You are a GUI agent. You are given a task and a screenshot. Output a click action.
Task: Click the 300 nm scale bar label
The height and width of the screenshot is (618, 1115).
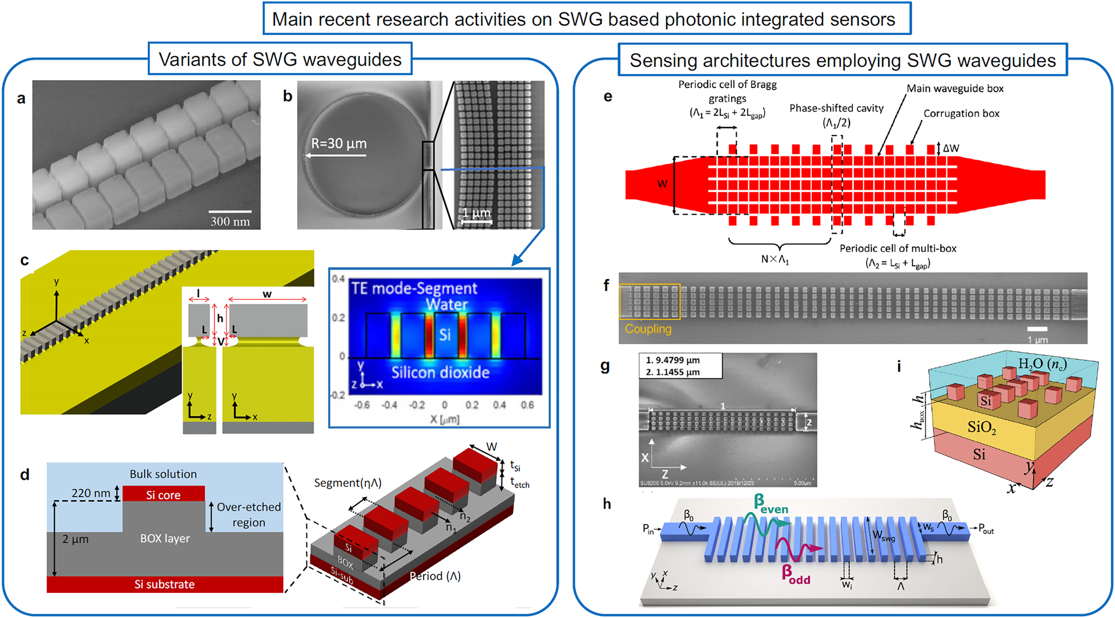(x=230, y=221)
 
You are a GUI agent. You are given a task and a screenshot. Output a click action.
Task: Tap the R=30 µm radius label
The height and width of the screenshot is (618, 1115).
(x=338, y=143)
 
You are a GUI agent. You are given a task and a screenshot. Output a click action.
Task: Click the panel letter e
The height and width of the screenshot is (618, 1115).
(x=607, y=96)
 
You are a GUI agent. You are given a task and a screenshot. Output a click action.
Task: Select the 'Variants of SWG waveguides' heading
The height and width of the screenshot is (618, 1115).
(x=280, y=60)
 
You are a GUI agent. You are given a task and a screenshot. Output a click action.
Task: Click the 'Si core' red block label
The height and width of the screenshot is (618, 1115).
(x=163, y=495)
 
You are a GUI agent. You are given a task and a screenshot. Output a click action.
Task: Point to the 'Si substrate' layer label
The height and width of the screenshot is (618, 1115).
(x=164, y=584)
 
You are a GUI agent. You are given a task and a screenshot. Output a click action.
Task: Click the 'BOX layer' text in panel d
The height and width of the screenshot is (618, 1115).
(x=165, y=538)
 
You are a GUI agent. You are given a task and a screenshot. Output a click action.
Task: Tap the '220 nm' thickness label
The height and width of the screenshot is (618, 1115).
(x=90, y=493)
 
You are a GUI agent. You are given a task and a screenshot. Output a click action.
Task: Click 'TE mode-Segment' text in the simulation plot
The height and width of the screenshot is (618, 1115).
(x=414, y=288)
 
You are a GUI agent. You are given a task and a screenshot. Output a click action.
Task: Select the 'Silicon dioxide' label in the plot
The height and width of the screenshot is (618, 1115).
(x=440, y=373)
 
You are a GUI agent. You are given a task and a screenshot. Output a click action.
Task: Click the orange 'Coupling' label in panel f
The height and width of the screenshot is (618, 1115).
(x=648, y=329)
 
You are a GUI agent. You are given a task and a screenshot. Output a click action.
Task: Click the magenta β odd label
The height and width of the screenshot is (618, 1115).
(x=796, y=574)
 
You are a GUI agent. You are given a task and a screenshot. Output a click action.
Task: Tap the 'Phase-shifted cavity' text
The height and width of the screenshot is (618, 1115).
(x=836, y=108)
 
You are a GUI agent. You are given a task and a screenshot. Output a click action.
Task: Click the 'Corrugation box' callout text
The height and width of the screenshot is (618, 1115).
(x=961, y=113)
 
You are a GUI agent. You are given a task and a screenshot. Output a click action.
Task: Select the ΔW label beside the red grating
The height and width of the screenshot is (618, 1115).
(x=951, y=148)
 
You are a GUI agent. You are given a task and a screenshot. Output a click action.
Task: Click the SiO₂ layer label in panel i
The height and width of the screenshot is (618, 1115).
(x=982, y=427)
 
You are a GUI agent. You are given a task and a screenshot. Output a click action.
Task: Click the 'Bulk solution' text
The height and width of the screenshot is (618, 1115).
(x=163, y=474)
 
